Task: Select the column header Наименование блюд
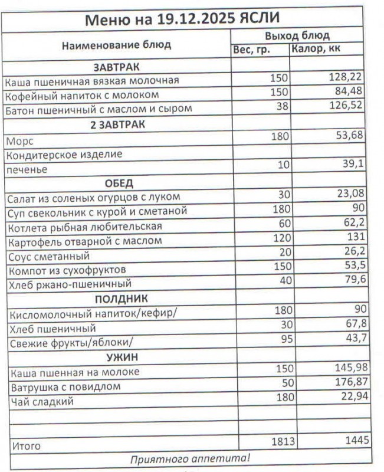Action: click(x=116, y=44)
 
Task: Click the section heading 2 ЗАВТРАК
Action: click(x=117, y=124)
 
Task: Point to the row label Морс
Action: click(x=19, y=142)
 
